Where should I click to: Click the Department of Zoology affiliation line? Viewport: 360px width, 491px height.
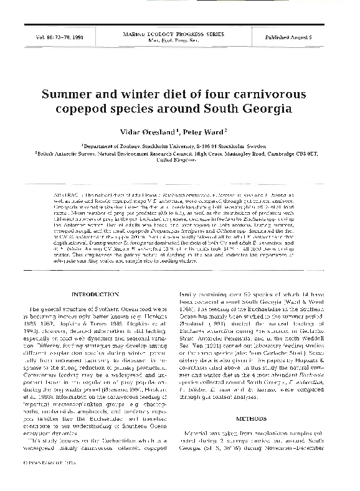(180, 146)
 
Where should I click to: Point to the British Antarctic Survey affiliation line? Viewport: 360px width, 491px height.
(180, 152)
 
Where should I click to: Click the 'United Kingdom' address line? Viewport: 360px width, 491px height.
(180, 159)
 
